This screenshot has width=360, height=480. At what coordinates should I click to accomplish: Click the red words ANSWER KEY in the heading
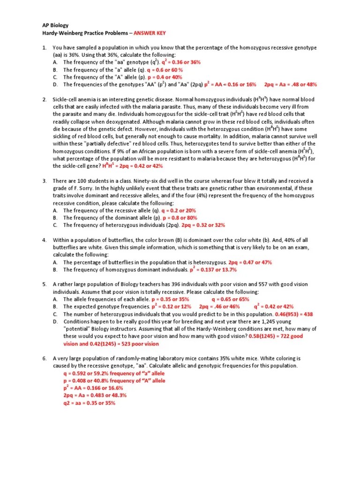pyautogui.click(x=150, y=33)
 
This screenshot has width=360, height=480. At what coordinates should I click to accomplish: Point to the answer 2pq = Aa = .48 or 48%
pyautogui.click(x=291, y=84)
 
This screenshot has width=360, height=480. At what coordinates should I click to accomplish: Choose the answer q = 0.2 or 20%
pyautogui.click(x=179, y=210)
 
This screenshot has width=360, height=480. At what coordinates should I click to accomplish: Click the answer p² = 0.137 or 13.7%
pyautogui.click(x=213, y=270)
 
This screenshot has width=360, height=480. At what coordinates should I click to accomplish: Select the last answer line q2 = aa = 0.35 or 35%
pyautogui.click(x=89, y=403)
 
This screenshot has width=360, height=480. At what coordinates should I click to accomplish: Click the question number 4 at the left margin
pyautogui.click(x=44, y=240)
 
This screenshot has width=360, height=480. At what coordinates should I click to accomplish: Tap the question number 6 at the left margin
pyautogui.click(x=44, y=358)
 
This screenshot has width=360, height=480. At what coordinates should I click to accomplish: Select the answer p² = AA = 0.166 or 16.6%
pyautogui.click(x=93, y=388)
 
